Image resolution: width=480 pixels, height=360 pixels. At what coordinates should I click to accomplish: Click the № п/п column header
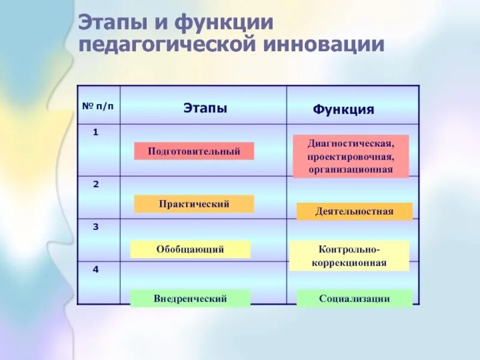[97, 106]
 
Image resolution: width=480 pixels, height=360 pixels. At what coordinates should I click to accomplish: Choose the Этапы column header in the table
[205, 108]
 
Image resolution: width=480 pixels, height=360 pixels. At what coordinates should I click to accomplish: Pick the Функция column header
[343, 110]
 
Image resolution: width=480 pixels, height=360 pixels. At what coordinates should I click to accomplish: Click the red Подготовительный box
[194, 151]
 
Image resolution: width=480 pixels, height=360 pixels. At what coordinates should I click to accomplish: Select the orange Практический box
[194, 204]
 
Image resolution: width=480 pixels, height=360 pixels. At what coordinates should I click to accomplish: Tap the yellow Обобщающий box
[190, 249]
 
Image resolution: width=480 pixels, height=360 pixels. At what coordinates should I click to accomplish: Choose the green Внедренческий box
[190, 298]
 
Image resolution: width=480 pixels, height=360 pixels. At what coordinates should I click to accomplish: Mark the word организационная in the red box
[350, 169]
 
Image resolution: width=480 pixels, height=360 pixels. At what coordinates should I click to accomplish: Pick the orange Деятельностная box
[355, 211]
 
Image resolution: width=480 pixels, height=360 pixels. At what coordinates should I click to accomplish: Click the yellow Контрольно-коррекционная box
[349, 256]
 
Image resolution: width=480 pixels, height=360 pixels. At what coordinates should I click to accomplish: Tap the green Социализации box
[355, 298]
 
